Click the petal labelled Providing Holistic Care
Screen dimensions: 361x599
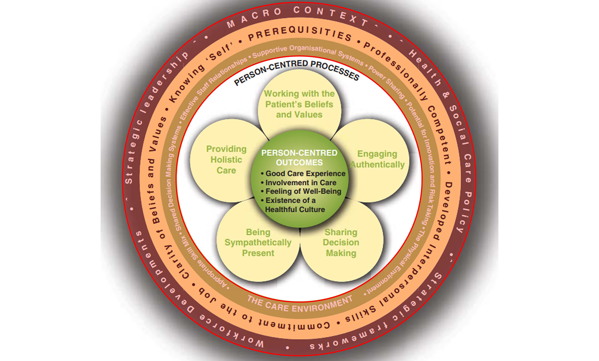coord(226,160)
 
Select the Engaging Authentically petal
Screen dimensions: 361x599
coord(377,159)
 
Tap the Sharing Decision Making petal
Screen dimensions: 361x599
coord(341,243)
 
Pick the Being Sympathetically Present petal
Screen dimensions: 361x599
coord(258,243)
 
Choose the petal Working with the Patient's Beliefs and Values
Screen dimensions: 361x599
coord(299,104)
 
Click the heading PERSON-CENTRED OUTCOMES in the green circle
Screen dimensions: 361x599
coord(299,158)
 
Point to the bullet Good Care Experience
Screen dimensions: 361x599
coord(305,173)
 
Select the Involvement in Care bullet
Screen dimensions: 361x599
coord(301,183)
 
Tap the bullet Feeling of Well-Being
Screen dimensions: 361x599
coord(303,192)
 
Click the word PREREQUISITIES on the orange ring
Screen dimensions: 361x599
coord(299,34)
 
